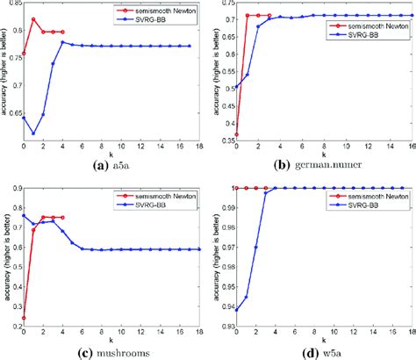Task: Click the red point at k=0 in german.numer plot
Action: coord(236,134)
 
